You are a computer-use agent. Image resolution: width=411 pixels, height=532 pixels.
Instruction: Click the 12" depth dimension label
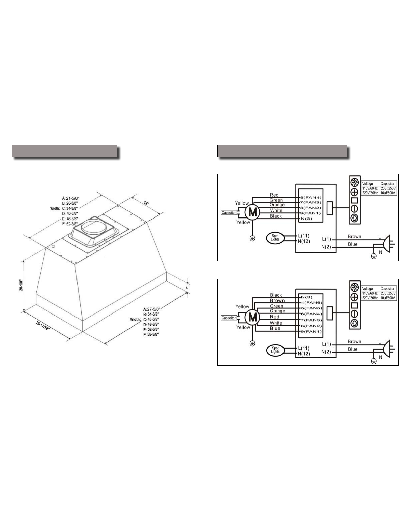pyautogui.click(x=147, y=203)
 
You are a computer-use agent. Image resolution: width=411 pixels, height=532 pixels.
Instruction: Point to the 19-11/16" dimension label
pyautogui.click(x=43, y=325)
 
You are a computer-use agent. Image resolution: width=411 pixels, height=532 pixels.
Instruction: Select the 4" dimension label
pyautogui.click(x=188, y=287)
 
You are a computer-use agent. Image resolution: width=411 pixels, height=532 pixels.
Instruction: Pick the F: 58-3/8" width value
pyautogui.click(x=151, y=334)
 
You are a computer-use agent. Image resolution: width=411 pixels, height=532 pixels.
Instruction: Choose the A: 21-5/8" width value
pyautogui.click(x=71, y=198)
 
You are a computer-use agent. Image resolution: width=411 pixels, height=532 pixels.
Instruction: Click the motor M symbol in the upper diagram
pyautogui.click(x=252, y=212)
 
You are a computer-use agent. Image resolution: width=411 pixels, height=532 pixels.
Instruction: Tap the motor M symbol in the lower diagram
pyautogui.click(x=252, y=318)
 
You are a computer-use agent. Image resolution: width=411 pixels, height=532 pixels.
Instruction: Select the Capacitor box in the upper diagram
pyautogui.click(x=229, y=213)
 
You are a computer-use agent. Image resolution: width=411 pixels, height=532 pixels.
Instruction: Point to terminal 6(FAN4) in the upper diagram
pyautogui.click(x=311, y=198)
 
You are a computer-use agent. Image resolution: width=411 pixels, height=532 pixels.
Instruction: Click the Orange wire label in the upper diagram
pyautogui.click(x=277, y=205)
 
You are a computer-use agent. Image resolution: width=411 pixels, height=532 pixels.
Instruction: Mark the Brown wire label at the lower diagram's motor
pyautogui.click(x=277, y=300)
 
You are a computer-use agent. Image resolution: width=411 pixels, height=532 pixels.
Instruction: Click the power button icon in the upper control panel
pyautogui.click(x=355, y=218)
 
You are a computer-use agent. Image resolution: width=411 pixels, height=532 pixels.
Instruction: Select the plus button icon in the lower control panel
pyautogui.click(x=355, y=297)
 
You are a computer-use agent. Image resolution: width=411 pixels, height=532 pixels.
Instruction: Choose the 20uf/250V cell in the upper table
pyautogui.click(x=388, y=188)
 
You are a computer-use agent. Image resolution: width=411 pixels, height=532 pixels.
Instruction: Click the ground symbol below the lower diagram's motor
pyautogui.click(x=252, y=343)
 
